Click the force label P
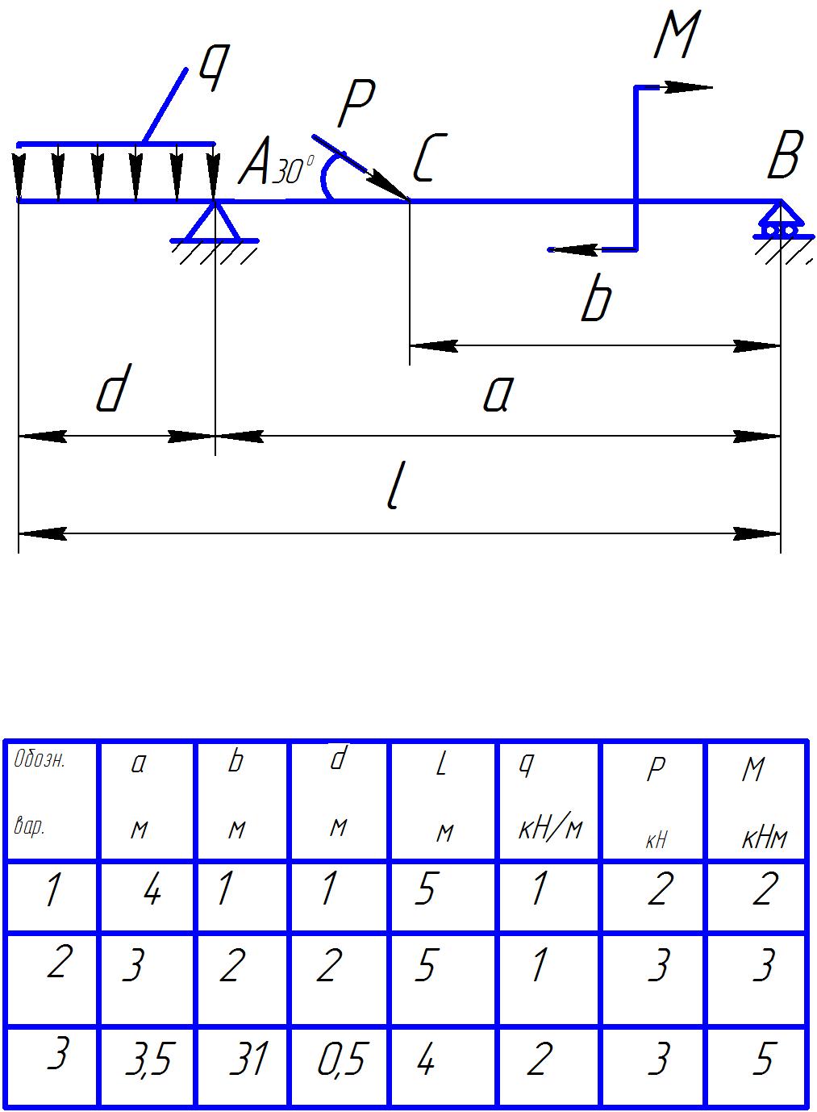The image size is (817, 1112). coord(355,105)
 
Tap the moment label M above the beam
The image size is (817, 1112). coord(675,36)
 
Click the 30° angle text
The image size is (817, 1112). coord(292,172)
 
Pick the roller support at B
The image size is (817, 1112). coord(779,222)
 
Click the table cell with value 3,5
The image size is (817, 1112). coord(148,1061)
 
